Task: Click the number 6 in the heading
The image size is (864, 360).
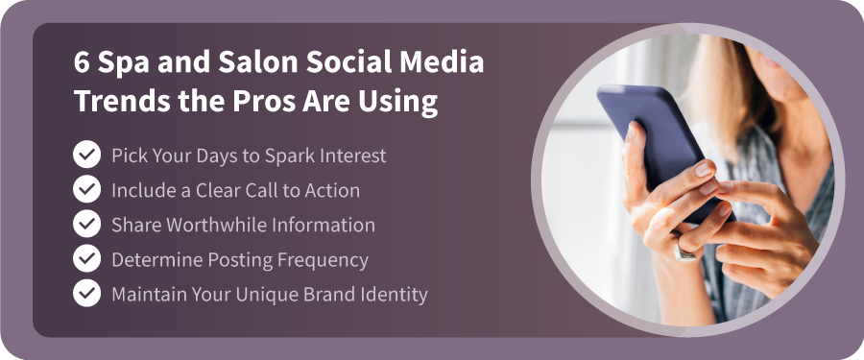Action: point(83,65)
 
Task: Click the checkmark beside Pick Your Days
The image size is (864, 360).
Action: point(86,156)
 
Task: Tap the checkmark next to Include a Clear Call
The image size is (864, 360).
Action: point(86,190)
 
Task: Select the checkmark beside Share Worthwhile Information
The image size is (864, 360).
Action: point(86,225)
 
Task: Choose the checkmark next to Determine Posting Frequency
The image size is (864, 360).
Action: point(86,259)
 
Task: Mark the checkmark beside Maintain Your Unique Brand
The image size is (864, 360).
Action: point(86,294)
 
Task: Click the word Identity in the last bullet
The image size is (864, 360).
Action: point(395,294)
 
